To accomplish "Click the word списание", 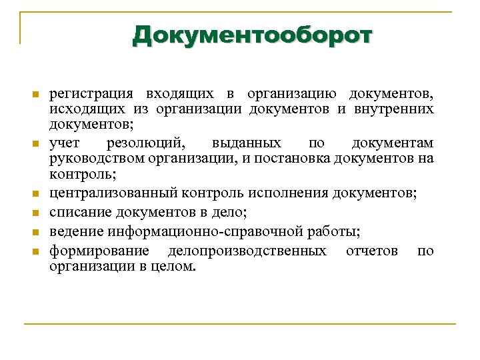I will pyautogui.click(x=79, y=213).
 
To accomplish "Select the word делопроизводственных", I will pyautogui.click(x=247, y=251).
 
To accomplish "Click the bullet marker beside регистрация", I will pyautogui.click(x=37, y=94).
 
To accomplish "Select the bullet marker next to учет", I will pyautogui.click(x=37, y=143).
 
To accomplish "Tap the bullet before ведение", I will pyautogui.click(x=37, y=232).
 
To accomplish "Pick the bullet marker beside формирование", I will pyautogui.click(x=37, y=251).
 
